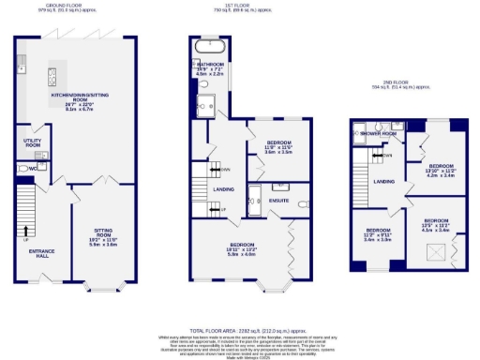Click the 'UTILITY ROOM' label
[33, 143]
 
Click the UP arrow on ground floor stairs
[25, 227]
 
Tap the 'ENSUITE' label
[277, 200]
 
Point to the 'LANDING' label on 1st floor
[223, 189]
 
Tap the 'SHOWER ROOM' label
[378, 134]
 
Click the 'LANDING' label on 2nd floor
[383, 181]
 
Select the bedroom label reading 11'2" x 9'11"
[379, 233]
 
